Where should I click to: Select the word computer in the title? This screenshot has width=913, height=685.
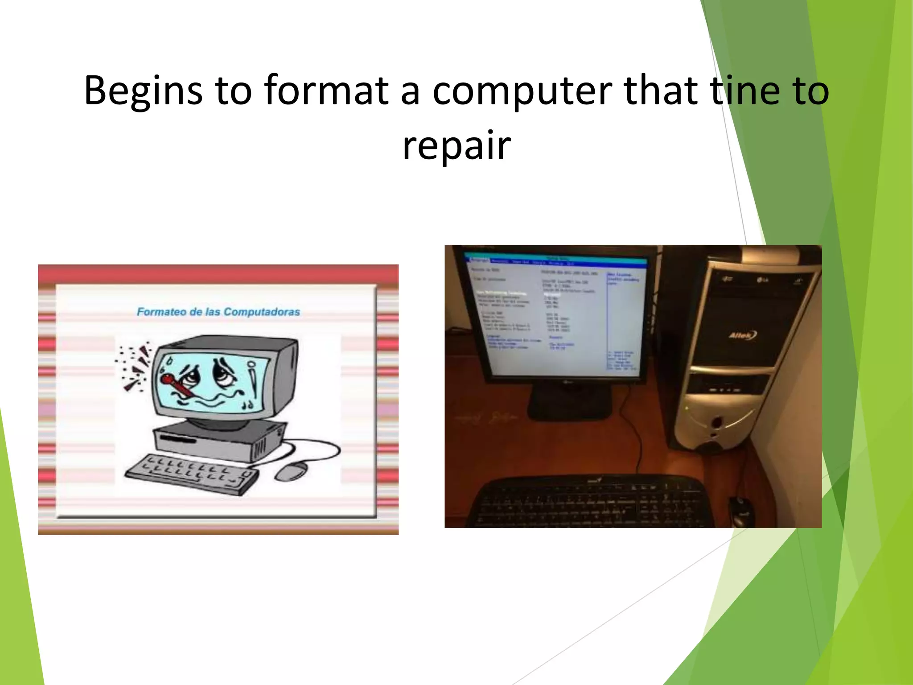pos(522,91)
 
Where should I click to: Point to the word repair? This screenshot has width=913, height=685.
pos(456,146)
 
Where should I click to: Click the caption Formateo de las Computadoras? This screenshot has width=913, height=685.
pos(218,312)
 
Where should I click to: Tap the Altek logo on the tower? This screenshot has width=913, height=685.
pos(742,335)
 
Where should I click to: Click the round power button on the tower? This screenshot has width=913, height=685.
pos(716,421)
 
